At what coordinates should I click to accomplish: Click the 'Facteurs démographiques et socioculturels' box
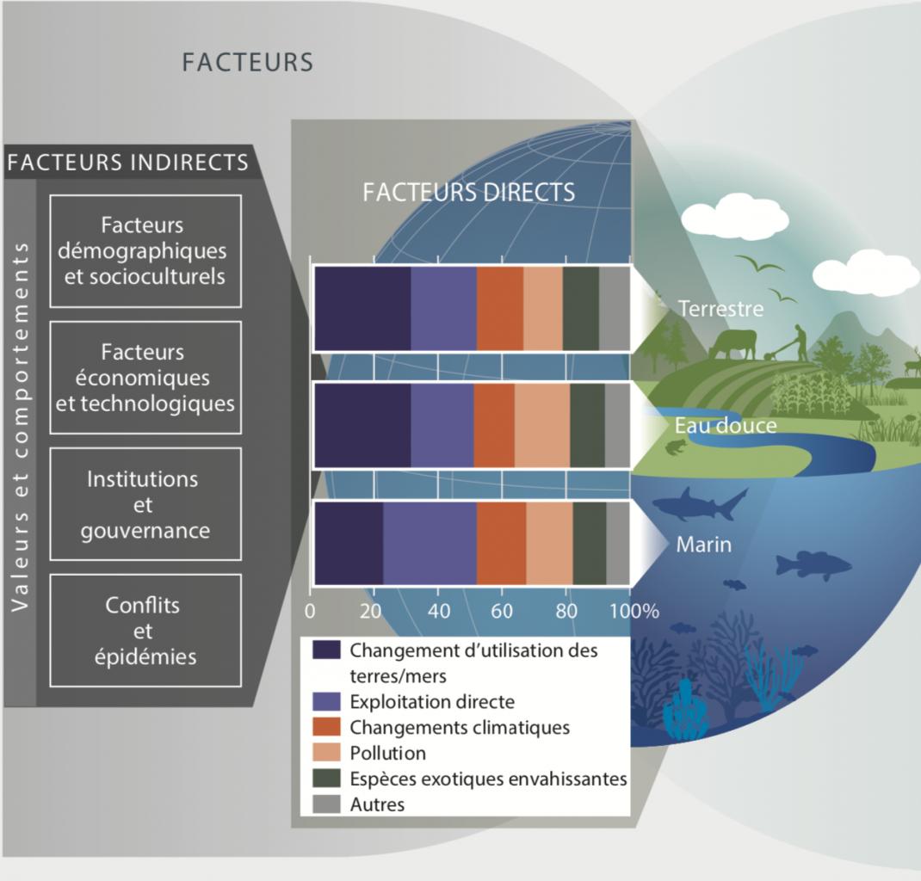click(x=145, y=250)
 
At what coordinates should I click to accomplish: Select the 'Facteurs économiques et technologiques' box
click(x=145, y=377)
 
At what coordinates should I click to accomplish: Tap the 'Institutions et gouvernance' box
click(x=145, y=504)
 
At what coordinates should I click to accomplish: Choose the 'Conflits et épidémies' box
click(x=145, y=631)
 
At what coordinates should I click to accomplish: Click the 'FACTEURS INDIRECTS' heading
click(x=128, y=162)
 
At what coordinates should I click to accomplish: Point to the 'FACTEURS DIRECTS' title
click(x=468, y=192)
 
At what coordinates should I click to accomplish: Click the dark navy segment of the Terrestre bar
click(x=362, y=309)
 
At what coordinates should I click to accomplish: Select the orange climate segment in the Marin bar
click(x=501, y=544)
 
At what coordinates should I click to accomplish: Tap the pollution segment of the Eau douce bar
click(x=542, y=426)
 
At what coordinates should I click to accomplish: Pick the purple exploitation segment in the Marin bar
click(x=430, y=544)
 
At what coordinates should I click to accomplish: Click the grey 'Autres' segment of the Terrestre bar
click(x=614, y=309)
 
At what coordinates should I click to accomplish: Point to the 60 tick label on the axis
click(x=501, y=612)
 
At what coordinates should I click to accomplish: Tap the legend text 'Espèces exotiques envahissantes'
click(x=488, y=779)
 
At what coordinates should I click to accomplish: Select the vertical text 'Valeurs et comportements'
click(x=20, y=426)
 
